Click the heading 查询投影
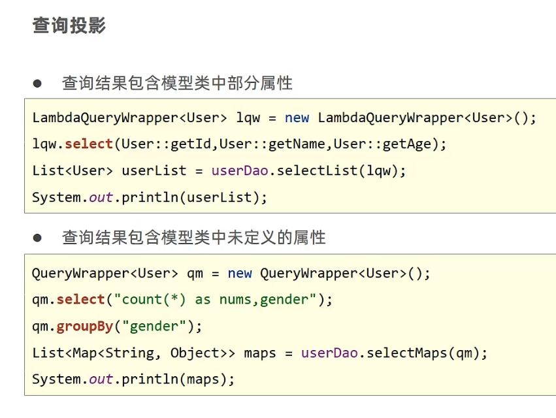click(69, 26)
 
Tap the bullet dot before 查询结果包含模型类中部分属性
click(37, 84)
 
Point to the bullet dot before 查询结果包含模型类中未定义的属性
click(37, 238)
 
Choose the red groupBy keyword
click(84, 326)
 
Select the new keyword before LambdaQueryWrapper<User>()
click(297, 118)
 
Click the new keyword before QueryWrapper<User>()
click(240, 273)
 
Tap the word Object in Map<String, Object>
click(195, 353)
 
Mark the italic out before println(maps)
click(101, 379)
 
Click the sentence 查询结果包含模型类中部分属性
click(177, 84)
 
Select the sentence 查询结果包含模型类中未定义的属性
click(193, 238)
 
